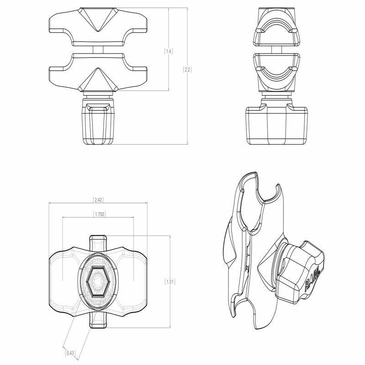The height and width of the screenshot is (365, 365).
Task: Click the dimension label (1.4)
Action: [168, 52]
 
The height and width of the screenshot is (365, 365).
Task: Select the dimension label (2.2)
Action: [187, 70]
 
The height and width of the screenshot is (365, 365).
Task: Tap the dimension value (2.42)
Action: [98, 200]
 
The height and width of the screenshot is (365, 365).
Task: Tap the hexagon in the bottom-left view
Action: [97, 281]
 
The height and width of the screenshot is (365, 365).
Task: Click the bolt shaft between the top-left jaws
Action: [97, 49]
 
